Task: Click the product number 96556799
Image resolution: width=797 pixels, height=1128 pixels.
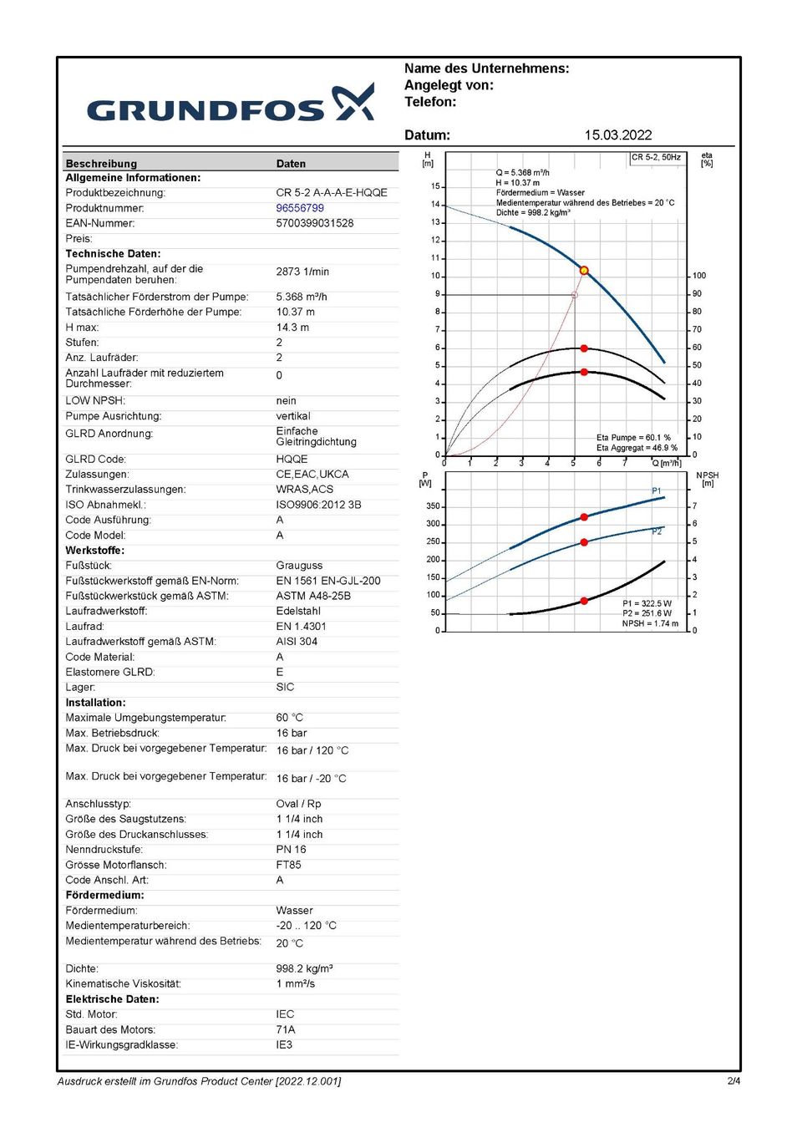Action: coord(300,208)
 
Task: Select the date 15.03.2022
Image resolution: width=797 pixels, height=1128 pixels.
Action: coord(617,135)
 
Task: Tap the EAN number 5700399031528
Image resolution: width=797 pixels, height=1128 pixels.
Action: coord(314,223)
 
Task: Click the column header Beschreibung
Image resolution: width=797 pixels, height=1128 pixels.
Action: coord(101,164)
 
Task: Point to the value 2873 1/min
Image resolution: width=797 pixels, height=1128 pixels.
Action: coord(302,272)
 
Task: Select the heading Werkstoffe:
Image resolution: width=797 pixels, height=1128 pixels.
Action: coord(95,551)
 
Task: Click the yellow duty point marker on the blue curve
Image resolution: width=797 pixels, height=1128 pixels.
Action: coord(584,271)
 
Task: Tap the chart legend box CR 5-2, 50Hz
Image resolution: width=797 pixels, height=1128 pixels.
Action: coord(656,157)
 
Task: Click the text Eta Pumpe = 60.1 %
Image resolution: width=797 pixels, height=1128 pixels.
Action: coord(633,437)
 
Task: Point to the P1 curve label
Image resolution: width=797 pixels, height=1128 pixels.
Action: coord(657,490)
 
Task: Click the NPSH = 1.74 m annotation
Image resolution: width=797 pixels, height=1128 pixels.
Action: coord(650,623)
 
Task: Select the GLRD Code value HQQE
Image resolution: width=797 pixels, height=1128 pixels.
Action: coord(292,459)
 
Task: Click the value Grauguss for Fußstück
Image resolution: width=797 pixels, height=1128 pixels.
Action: coord(299,566)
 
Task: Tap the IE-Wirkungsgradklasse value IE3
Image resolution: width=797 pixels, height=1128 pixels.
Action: coord(284,1045)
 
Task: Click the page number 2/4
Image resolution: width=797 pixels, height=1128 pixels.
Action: coord(734,1081)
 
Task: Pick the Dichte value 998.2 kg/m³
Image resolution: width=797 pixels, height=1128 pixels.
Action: coord(304,968)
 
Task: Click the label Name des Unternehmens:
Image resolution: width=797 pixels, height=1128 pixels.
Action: coord(486,69)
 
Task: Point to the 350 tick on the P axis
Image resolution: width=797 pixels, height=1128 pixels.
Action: coord(433,506)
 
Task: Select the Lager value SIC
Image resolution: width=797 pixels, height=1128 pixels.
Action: coord(285,687)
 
